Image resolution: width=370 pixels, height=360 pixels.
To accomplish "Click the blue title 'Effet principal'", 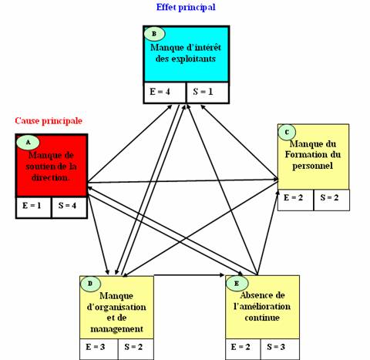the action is click(x=186, y=7).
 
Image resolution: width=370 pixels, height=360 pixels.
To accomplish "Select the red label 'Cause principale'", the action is click(x=49, y=120).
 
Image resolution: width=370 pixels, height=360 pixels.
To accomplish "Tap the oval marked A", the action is click(x=28, y=143).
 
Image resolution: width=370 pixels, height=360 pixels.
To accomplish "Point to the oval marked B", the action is click(x=154, y=34).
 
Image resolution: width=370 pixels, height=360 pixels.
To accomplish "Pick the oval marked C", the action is click(x=287, y=133).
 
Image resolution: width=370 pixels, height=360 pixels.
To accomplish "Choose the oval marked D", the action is click(x=90, y=284).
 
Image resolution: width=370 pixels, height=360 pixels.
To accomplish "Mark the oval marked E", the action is click(x=237, y=284).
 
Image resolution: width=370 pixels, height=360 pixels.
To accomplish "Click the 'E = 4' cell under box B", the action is click(x=164, y=93).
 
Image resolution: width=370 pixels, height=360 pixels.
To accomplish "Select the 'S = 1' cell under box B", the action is click(x=207, y=93).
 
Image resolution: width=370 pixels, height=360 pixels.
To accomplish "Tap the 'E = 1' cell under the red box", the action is click(x=33, y=207).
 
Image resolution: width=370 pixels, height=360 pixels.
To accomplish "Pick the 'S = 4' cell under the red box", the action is click(x=69, y=207).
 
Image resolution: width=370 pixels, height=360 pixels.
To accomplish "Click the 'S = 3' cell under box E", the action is click(x=280, y=349).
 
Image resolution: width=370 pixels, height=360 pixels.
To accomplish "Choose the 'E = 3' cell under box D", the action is click(x=99, y=349).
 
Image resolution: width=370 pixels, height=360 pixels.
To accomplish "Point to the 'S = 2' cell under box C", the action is click(x=331, y=200).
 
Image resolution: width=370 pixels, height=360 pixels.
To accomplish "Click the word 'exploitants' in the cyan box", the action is click(x=193, y=59).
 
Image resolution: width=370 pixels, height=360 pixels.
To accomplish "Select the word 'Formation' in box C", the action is click(x=304, y=154).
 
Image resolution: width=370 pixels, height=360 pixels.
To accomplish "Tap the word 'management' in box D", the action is click(x=116, y=329).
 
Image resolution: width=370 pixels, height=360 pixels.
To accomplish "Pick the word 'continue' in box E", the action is click(x=262, y=318).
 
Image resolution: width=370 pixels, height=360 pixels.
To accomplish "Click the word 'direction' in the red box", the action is click(x=50, y=177).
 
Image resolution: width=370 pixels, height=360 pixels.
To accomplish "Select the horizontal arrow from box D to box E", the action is click(x=189, y=275).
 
